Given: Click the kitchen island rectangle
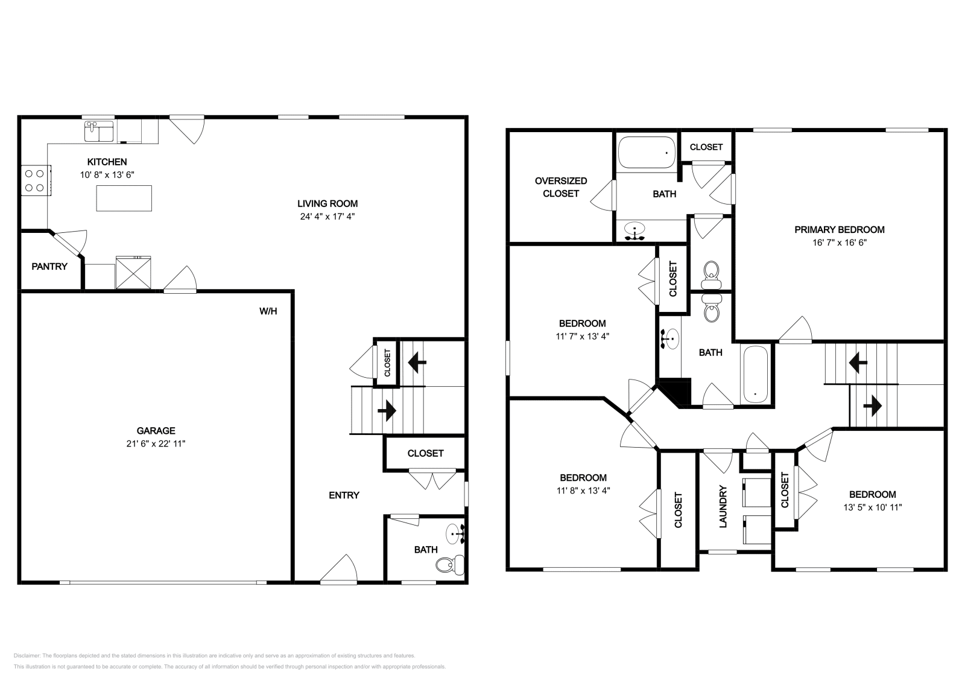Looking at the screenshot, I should click(x=124, y=198).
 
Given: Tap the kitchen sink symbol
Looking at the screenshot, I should click(x=99, y=131).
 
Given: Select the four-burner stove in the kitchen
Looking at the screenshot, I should click(x=36, y=181).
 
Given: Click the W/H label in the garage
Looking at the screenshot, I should click(x=268, y=311).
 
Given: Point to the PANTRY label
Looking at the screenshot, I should click(x=49, y=266).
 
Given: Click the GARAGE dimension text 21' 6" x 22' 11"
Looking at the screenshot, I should click(x=156, y=443).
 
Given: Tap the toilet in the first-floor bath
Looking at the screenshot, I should click(x=449, y=565).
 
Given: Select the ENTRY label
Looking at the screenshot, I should click(x=344, y=495).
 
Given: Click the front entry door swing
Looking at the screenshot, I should click(x=340, y=570).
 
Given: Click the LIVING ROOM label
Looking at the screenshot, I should click(x=327, y=203).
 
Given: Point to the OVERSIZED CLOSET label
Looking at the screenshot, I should click(x=561, y=187).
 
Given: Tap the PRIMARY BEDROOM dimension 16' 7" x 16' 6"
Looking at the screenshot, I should click(x=839, y=243).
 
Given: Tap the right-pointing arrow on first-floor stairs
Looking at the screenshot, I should click(x=387, y=411).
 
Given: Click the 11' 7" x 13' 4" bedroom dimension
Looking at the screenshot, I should click(x=582, y=337).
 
